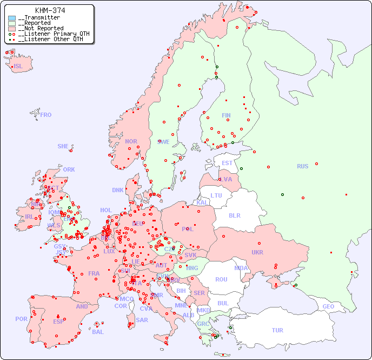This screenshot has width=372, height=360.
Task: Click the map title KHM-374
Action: coord(50,10)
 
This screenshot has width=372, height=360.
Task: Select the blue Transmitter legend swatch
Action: coord(12,18)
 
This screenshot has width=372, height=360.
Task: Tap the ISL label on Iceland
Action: coord(18,67)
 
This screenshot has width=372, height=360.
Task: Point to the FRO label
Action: coord(46,115)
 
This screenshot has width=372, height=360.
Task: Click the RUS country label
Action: coord(302,166)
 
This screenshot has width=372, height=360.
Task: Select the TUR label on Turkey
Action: coord(277,330)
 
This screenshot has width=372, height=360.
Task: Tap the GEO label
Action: coord(328,306)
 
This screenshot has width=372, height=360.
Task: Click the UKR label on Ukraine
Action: coord(257,252)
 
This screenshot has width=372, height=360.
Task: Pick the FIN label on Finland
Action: coord(226,115)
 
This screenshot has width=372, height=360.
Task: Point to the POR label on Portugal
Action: coord(21,319)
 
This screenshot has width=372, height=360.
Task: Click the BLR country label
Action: coord(235,215)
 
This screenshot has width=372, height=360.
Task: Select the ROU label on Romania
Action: coord(221,279)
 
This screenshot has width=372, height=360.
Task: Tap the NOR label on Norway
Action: coord(131,141)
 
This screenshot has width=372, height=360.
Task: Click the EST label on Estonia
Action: coord(227,163)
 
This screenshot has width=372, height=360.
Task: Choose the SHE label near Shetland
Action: coord(63,146)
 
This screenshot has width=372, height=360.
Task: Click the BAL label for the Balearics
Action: coord(98,332)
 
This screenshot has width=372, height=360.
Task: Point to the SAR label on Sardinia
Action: coord(142,319)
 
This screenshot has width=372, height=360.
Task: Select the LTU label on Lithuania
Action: coord(216,195)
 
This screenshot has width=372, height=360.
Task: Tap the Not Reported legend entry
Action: coord(41,28)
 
